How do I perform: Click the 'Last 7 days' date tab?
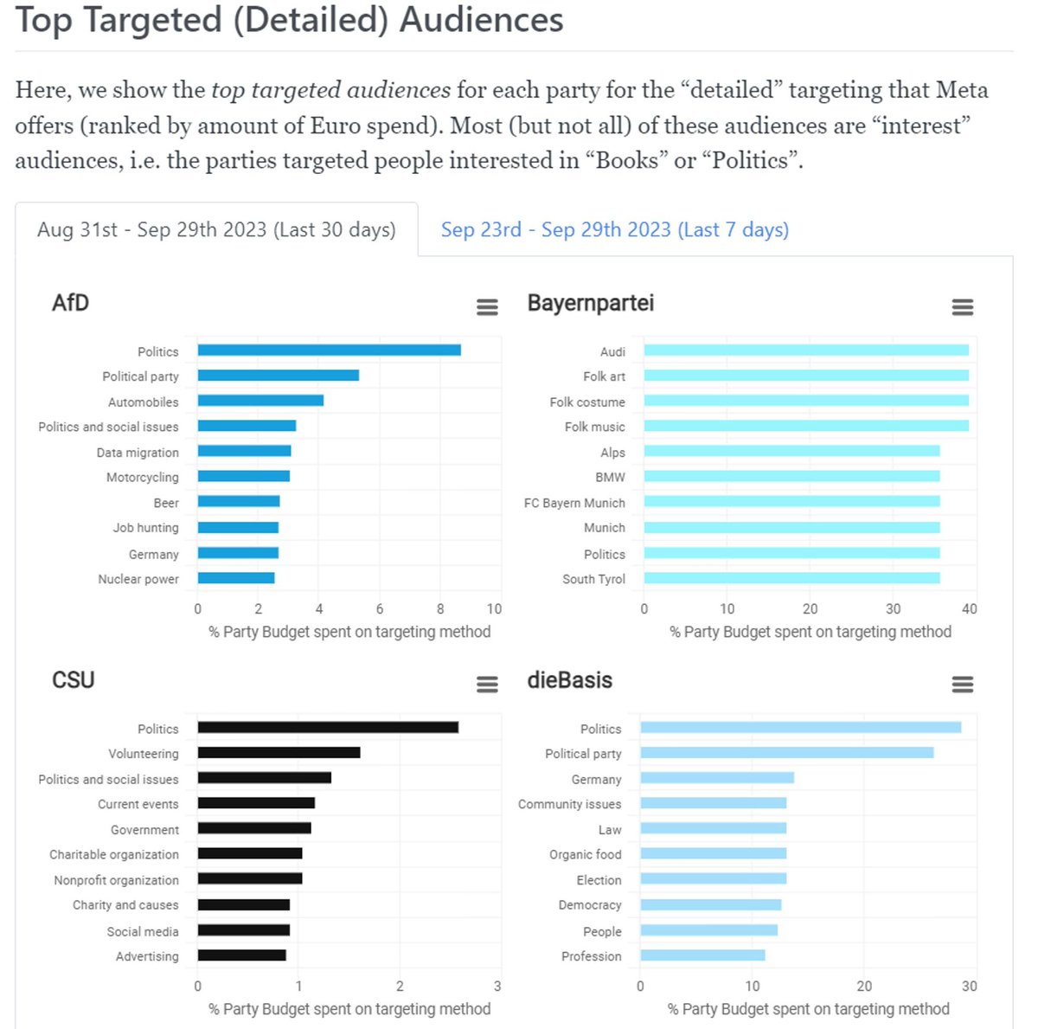tap(614, 229)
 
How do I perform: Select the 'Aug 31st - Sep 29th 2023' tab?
tap(216, 229)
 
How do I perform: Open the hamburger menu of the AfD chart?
tap(487, 307)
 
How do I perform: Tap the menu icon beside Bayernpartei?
tap(962, 307)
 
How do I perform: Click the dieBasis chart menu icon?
tap(962, 685)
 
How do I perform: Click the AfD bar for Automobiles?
tap(260, 401)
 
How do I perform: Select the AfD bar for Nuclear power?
tap(236, 578)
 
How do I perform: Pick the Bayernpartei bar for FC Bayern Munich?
tap(791, 502)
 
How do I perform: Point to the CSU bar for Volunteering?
tap(279, 753)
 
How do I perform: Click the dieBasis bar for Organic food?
tap(713, 854)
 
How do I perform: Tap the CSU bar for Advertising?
tap(241, 955)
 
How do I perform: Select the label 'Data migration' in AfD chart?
tap(138, 453)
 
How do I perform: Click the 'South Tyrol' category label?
tap(593, 579)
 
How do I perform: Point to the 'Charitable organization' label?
tap(114, 854)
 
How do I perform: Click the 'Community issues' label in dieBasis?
tap(569, 804)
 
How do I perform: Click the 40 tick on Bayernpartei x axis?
tap(969, 609)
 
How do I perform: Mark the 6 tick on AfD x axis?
tap(380, 609)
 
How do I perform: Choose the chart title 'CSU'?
tap(74, 680)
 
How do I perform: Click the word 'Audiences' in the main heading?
tap(482, 19)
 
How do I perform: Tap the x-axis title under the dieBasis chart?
tap(808, 1009)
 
